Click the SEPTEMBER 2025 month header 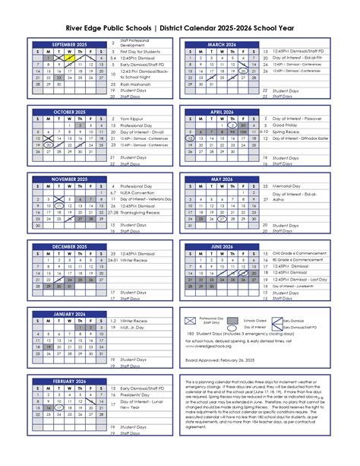[69, 45]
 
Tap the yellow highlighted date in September [69, 58]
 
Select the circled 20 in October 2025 [49, 144]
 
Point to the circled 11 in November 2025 [58, 206]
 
